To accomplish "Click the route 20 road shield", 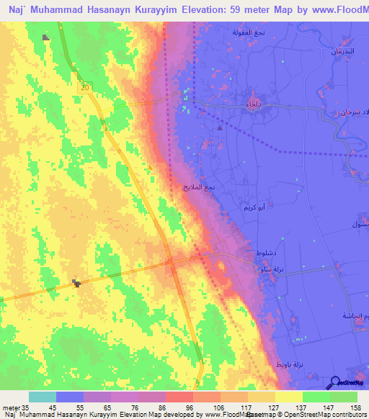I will pos(86,87).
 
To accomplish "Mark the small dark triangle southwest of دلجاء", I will pos(221,127).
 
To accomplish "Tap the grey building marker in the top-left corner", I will pos(47,37).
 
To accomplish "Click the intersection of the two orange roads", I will pos(172,263).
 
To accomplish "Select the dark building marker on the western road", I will pos(76,282).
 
